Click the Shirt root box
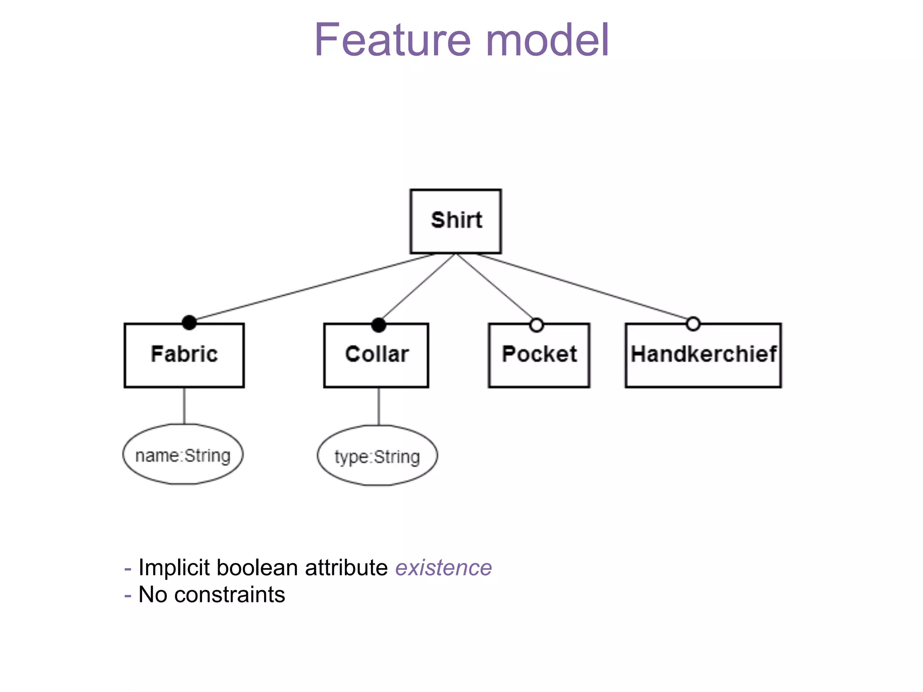click(455, 221)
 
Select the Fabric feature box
click(184, 355)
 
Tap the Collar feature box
click(376, 355)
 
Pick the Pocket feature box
click(539, 355)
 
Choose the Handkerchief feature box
click(703, 355)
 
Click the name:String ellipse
click(183, 455)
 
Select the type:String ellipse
click(377, 456)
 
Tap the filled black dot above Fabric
click(189, 323)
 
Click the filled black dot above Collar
click(379, 325)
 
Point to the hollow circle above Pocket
click(536, 325)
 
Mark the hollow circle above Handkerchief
click(693, 323)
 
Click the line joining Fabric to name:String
click(184, 405)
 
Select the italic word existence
click(443, 568)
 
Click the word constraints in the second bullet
click(229, 595)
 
